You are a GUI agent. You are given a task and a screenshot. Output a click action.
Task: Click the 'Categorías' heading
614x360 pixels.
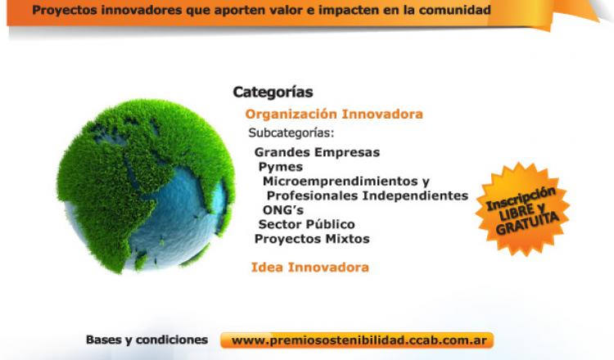pyautogui.click(x=273, y=92)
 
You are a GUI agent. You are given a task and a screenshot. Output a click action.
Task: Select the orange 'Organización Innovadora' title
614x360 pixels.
pyautogui.click(x=334, y=115)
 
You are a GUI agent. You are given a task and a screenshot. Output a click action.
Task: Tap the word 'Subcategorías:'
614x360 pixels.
pyautogui.click(x=291, y=133)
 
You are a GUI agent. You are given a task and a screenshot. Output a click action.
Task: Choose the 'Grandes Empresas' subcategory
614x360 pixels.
pyautogui.click(x=317, y=152)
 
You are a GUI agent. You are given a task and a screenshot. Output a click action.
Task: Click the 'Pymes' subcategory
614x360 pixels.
pyautogui.click(x=281, y=167)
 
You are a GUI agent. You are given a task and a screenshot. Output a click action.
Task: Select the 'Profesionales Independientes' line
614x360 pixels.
pyautogui.click(x=368, y=196)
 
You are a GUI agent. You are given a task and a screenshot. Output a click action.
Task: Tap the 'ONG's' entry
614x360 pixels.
pyautogui.click(x=283, y=210)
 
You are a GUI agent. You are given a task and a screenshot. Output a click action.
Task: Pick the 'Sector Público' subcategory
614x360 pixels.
pyautogui.click(x=307, y=224)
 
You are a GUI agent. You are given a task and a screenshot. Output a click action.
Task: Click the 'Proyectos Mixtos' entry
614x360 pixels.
pyautogui.click(x=312, y=239)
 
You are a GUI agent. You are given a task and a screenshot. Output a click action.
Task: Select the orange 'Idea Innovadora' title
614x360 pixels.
pyautogui.click(x=309, y=268)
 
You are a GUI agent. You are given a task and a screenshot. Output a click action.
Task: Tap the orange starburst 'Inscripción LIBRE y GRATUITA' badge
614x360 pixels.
pyautogui.click(x=523, y=209)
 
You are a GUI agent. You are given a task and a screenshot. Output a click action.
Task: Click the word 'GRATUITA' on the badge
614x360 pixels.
pyautogui.click(x=527, y=223)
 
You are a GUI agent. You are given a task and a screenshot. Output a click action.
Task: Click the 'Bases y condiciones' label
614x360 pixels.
pyautogui.click(x=147, y=340)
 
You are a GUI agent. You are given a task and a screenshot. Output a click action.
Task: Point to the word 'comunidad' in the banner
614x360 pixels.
pyautogui.click(x=454, y=10)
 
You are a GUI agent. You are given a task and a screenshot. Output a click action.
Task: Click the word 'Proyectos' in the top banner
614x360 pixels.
pyautogui.click(x=65, y=10)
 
